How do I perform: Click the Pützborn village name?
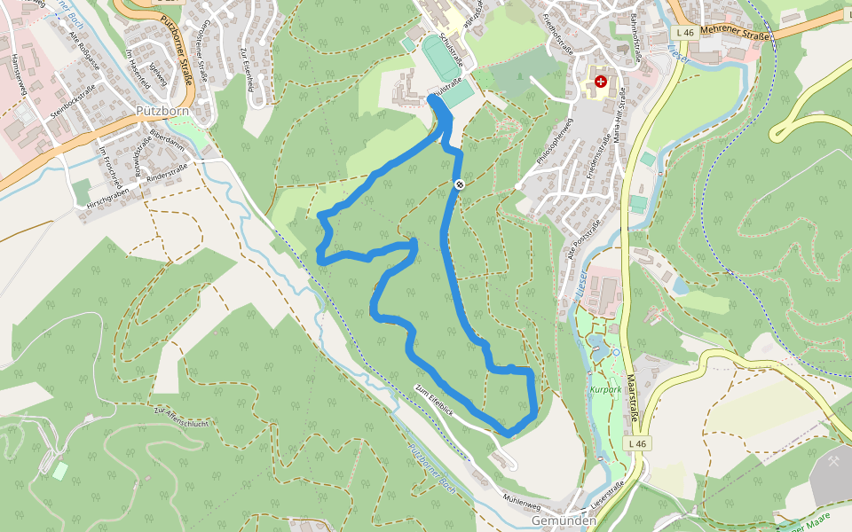158,110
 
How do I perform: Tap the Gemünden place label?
564,521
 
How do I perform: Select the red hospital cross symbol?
602,82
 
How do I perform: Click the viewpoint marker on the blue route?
460,184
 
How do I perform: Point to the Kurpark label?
606,389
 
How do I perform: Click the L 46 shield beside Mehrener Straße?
683,33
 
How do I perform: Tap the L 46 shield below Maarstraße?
637,442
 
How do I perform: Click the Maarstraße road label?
634,397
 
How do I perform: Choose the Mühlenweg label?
520,500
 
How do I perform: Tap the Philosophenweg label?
556,142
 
